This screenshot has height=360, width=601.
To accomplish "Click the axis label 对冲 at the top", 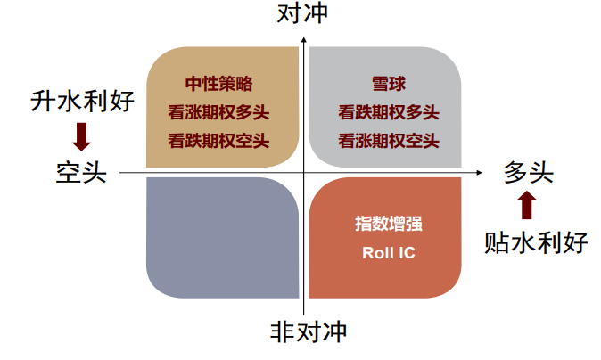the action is coord(303,16).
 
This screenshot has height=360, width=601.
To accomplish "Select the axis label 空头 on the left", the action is coord(81,172).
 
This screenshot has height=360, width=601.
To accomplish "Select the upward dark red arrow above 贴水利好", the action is coord(527,206).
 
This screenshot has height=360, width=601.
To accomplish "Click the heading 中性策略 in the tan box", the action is coord(218,84).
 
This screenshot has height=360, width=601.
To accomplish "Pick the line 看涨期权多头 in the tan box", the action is coord(218,112).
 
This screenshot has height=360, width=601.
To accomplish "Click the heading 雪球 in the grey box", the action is coord(389,85).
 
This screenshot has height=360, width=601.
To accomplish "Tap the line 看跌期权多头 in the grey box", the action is coord(389,112).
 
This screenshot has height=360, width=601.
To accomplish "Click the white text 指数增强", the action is coord(389,224).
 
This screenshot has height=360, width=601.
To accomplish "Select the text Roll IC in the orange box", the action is coord(389,252).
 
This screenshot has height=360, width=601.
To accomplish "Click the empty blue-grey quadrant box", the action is coord(222,237).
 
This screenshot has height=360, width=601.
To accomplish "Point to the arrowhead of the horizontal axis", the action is coord(482,172).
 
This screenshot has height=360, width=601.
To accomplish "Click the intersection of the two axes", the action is coord(304,172).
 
